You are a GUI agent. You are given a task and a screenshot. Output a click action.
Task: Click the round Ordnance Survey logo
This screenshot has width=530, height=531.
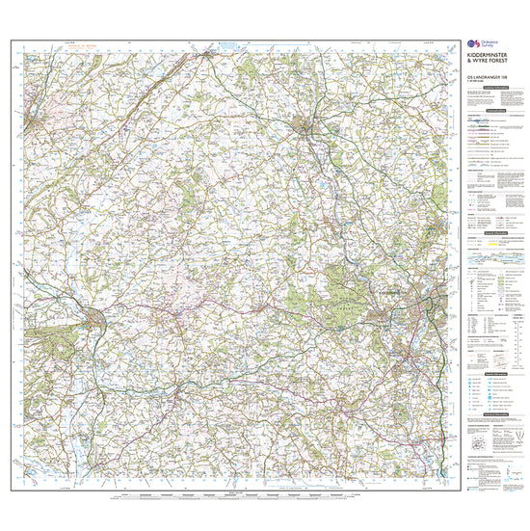(x=469, y=46)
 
